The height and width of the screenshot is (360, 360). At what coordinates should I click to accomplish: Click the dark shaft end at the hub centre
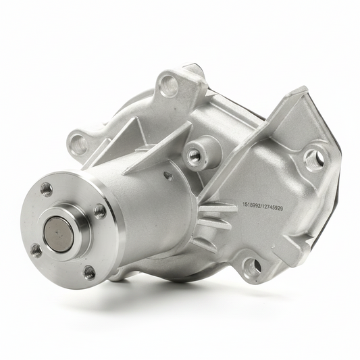pyautogui.click(x=59, y=234)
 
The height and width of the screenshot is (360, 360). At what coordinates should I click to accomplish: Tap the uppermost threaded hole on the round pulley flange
pyautogui.click(x=47, y=190)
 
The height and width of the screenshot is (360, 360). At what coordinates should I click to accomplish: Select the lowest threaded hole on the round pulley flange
pyautogui.click(x=89, y=273)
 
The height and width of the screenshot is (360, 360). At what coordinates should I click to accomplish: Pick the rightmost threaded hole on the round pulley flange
pyautogui.click(x=100, y=211)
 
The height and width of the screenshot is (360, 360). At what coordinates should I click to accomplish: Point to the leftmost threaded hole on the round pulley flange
pyautogui.click(x=36, y=251)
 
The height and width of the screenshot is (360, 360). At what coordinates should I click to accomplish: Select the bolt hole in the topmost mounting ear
pyautogui.click(x=170, y=84)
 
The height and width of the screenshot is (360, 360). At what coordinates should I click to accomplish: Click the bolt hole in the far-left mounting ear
pyautogui.click(x=78, y=143)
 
